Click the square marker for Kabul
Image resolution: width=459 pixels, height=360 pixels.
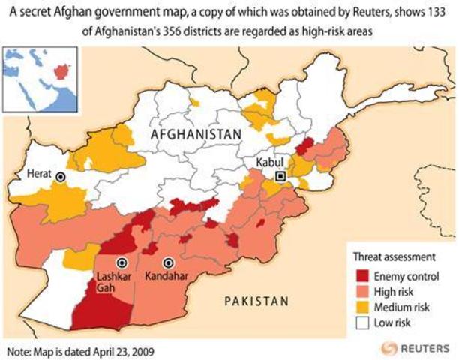coord(281,177)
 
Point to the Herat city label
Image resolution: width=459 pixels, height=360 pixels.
coord(39,174)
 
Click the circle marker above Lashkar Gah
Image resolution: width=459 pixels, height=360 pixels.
coord(121,262)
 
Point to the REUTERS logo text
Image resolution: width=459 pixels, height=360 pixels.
coord(424,348)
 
